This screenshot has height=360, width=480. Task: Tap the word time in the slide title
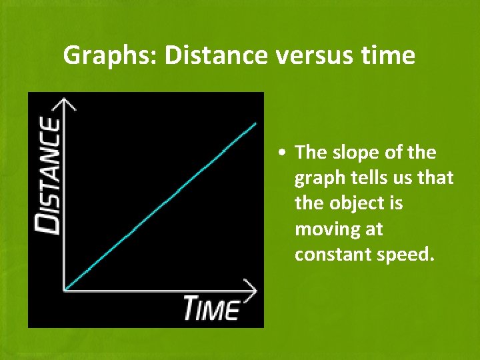(390, 56)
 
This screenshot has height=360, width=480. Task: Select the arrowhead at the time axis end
(251, 289)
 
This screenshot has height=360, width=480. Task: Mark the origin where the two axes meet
(65, 289)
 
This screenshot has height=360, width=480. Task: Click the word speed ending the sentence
(407, 255)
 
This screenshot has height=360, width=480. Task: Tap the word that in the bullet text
(438, 178)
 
